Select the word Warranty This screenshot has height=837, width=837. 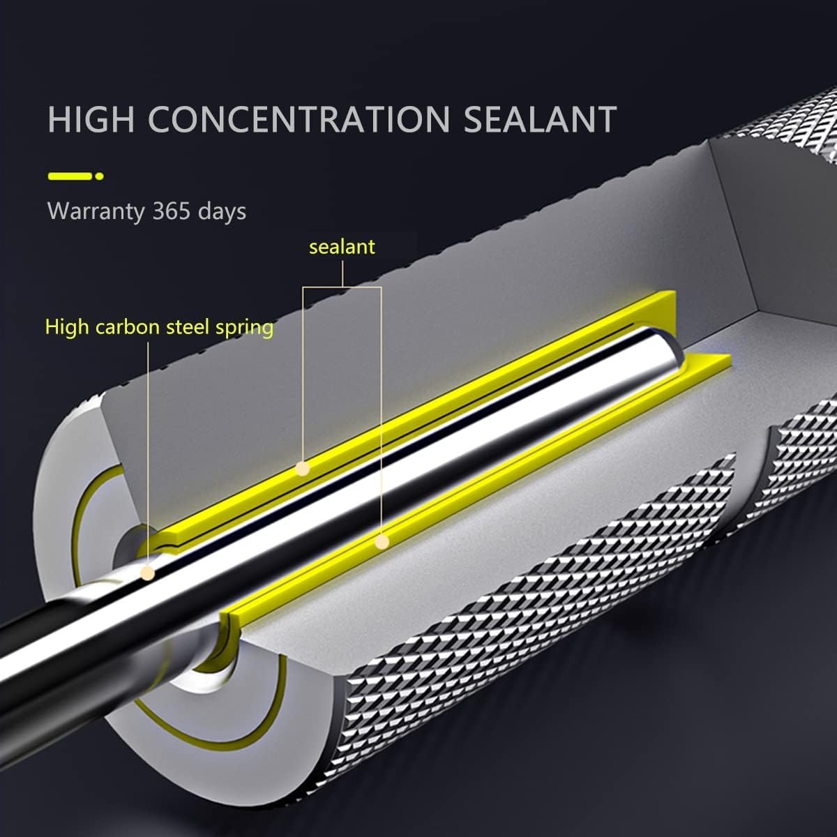(x=96, y=211)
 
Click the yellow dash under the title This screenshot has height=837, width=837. (x=70, y=176)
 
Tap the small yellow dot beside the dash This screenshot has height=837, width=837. (x=99, y=176)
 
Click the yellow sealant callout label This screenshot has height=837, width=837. (x=342, y=246)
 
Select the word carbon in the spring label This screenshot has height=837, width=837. (x=128, y=326)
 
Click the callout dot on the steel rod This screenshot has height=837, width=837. (x=147, y=573)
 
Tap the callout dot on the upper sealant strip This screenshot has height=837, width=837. (x=302, y=469)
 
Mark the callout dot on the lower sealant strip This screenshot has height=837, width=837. (x=382, y=541)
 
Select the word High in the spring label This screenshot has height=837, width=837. (x=68, y=326)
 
